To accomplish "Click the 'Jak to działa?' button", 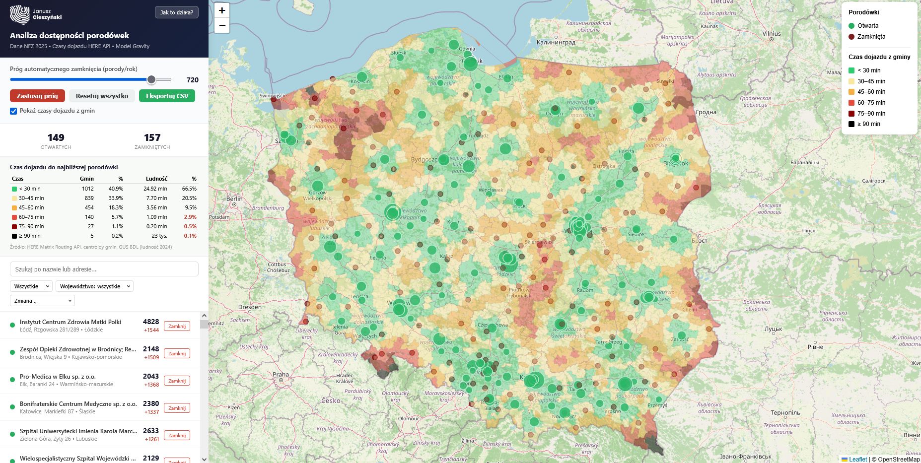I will [x=176, y=12].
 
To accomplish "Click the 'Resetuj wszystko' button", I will [x=102, y=96].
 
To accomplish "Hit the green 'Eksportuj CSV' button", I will [x=167, y=96].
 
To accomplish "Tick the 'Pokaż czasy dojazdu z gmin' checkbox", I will [x=13, y=111].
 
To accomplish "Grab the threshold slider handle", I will [x=151, y=79].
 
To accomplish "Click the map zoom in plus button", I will [x=222, y=10].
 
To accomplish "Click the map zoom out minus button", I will [x=222, y=25].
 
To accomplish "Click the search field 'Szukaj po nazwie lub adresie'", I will [x=104, y=269].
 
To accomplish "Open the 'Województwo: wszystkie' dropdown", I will [x=94, y=286].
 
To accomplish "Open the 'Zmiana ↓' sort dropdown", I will [x=42, y=301].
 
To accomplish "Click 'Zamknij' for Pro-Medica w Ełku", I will [x=177, y=381].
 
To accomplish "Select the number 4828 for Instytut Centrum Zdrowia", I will [x=151, y=322].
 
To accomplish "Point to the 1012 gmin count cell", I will [x=87, y=189].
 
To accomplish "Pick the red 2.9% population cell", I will [x=190, y=217].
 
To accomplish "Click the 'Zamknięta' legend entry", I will [x=871, y=37].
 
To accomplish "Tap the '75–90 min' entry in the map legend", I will [x=871, y=114].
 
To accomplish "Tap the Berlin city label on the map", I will [x=234, y=198].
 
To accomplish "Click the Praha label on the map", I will [x=281, y=374].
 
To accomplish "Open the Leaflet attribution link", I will [x=857, y=459].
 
